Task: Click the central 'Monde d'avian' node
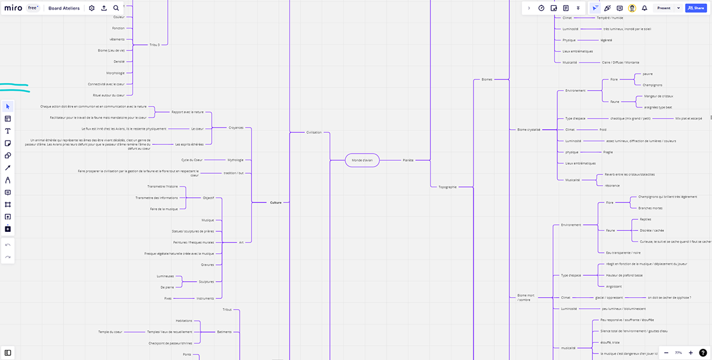point(362,160)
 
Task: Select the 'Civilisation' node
point(314,132)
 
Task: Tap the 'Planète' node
point(408,160)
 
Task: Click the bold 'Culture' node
point(276,203)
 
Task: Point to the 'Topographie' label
point(447,187)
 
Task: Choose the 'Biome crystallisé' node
point(529,129)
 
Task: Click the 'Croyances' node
point(236,128)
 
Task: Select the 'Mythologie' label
point(236,160)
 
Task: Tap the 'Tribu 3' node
point(155,44)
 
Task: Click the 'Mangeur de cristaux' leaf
point(659,96)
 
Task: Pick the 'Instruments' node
point(205,298)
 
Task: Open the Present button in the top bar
point(664,8)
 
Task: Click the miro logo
point(14,8)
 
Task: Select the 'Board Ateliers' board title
point(64,8)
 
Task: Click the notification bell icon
point(644,8)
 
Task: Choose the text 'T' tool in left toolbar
point(8,131)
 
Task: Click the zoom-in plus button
point(691,352)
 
